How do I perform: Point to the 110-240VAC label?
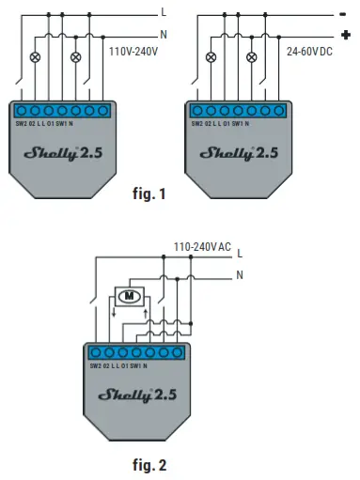(x=202, y=247)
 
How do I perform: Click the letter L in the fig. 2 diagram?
(x=240, y=253)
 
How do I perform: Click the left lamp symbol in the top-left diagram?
(x=37, y=56)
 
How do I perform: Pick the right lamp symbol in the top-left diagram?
(x=75, y=56)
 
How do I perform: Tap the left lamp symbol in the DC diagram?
(x=211, y=56)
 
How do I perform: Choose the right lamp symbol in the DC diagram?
(x=250, y=56)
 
